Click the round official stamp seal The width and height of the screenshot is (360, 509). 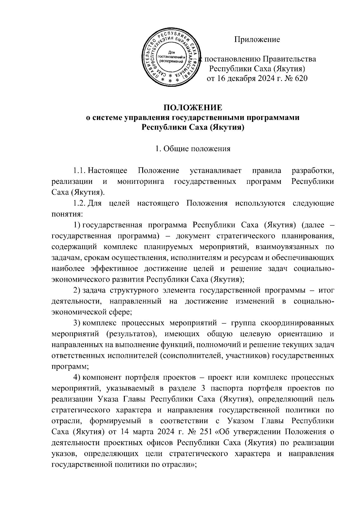(172, 57)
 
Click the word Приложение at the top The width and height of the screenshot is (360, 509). (257, 40)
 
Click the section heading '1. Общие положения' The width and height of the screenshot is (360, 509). (193, 149)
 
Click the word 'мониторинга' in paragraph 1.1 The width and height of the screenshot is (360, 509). (140, 182)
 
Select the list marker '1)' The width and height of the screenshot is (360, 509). (77, 225)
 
